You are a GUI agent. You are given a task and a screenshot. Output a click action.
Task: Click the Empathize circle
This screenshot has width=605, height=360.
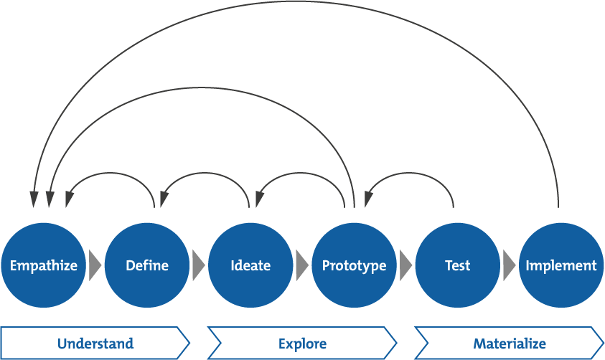tap(43, 265)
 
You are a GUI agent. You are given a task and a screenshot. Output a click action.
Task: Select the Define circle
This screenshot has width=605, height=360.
tap(147, 265)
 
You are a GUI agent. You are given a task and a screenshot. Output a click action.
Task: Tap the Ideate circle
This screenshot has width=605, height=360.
tap(250, 265)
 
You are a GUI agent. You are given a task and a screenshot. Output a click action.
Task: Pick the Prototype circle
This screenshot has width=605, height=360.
tap(354, 265)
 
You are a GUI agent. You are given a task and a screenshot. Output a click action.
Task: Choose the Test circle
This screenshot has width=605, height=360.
tap(457, 265)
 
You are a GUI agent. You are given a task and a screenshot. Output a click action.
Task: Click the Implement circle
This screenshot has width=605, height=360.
tap(561, 265)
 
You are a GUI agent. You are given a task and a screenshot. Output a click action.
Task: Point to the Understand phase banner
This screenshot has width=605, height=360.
tap(95, 344)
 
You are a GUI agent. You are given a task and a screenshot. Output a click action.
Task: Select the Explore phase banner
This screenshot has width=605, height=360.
tap(302, 344)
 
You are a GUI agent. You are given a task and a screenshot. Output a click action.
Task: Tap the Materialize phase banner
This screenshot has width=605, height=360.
tap(509, 344)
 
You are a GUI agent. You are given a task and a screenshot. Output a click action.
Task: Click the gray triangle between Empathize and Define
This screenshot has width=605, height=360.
tap(95, 265)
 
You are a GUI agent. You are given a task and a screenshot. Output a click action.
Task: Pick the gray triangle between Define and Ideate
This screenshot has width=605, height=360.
tap(198, 265)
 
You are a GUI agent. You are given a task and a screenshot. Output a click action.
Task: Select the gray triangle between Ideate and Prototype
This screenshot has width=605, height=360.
tap(301, 265)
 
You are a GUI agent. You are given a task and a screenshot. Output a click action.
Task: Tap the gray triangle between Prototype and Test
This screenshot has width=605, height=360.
tap(405, 265)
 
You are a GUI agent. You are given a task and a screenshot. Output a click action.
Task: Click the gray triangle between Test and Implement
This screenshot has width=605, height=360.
tap(509, 265)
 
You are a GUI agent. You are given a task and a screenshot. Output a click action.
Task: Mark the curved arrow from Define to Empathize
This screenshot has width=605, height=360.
tap(111, 172)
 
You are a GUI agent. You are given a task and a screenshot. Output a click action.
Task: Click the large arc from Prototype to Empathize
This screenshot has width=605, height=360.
tap(201, 87)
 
